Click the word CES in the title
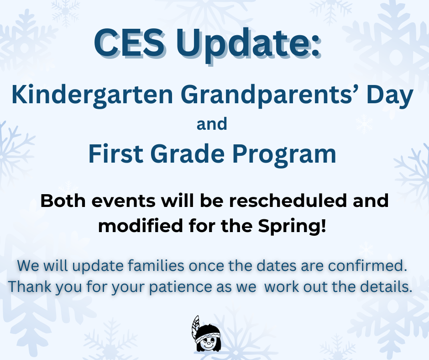pos(129,43)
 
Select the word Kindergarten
pos(92,95)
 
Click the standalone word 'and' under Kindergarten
pos(212,124)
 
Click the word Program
pos(284,155)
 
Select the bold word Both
pos(63,201)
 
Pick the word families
pos(156,265)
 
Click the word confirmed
pos(367,265)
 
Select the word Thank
pos(30,287)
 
